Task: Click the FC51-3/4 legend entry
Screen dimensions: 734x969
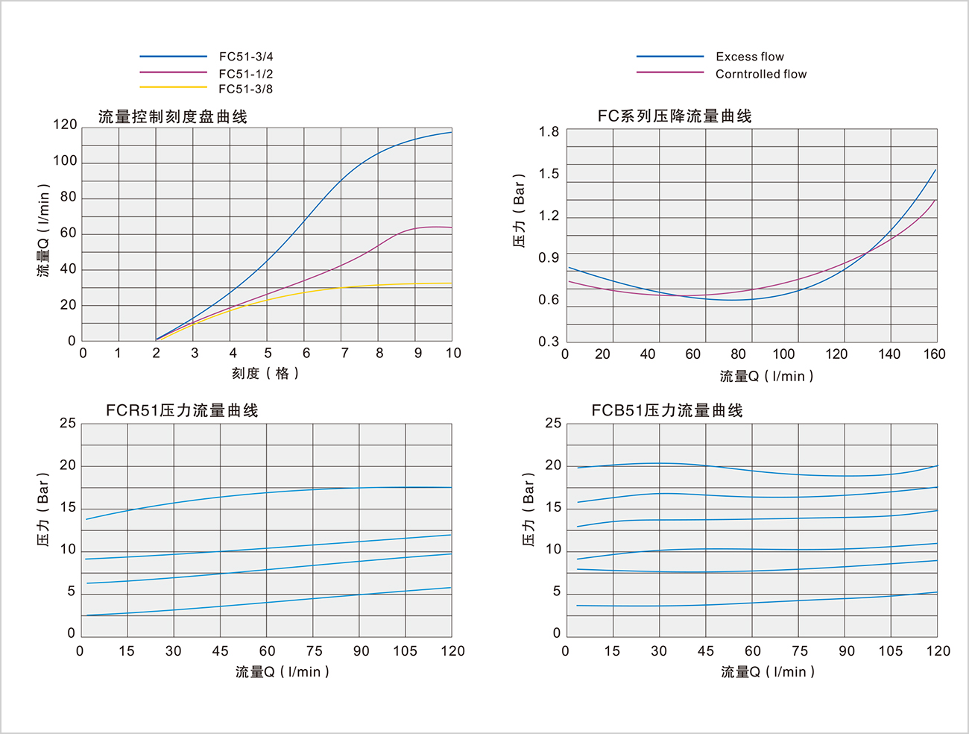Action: coord(245,57)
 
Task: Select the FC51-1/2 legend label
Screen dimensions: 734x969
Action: coord(245,74)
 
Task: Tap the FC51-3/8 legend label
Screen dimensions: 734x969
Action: coord(245,90)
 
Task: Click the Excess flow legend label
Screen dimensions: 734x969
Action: coord(749,57)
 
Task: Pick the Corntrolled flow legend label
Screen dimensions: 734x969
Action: coord(760,74)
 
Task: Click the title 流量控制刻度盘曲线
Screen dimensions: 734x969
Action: coord(173,116)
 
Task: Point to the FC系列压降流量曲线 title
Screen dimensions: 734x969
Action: coord(675,116)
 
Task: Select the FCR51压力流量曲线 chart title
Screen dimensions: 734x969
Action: coord(182,410)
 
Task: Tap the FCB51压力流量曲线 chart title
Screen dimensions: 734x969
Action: coord(667,410)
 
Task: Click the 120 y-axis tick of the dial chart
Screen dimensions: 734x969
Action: coord(65,125)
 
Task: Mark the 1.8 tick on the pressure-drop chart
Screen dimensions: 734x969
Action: coord(549,132)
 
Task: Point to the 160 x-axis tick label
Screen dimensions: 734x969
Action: coord(934,354)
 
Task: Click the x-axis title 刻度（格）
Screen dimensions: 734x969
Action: coord(265,373)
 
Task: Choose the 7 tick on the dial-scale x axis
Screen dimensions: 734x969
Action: coord(344,353)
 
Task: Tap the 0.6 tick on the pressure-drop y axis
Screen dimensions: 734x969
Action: coord(549,300)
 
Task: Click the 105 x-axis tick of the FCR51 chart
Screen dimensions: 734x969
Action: coord(405,651)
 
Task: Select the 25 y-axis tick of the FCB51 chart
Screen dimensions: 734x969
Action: coord(553,423)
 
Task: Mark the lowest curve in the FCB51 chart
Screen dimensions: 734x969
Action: coord(745,603)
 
